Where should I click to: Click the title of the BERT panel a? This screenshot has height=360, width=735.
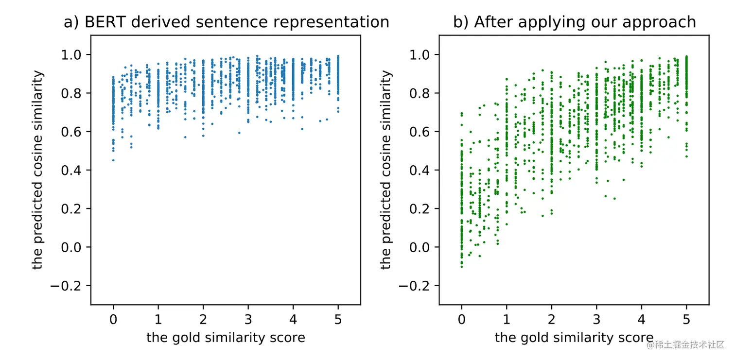pyautogui.click(x=227, y=22)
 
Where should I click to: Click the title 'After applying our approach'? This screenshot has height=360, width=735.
pyautogui.click(x=574, y=22)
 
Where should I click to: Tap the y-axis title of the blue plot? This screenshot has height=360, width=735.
pyautogui.click(x=38, y=170)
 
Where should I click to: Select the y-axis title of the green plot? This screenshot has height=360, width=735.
pyautogui.click(x=386, y=170)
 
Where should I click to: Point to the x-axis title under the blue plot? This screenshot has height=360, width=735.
pyautogui.click(x=226, y=338)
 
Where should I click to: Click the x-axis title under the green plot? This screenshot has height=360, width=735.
pyautogui.click(x=574, y=338)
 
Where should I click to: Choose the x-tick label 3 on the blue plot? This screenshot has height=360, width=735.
pyautogui.click(x=248, y=320)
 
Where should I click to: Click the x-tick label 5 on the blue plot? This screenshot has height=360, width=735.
pyautogui.click(x=338, y=320)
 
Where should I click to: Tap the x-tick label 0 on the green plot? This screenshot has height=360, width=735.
pyautogui.click(x=461, y=320)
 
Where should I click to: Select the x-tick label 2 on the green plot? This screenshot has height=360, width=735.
pyautogui.click(x=551, y=320)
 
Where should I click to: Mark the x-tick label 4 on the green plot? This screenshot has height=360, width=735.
pyautogui.click(x=641, y=320)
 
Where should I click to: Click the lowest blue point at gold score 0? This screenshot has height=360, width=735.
pyautogui.click(x=113, y=160)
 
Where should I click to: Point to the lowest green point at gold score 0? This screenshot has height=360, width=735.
pyautogui.click(x=461, y=267)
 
